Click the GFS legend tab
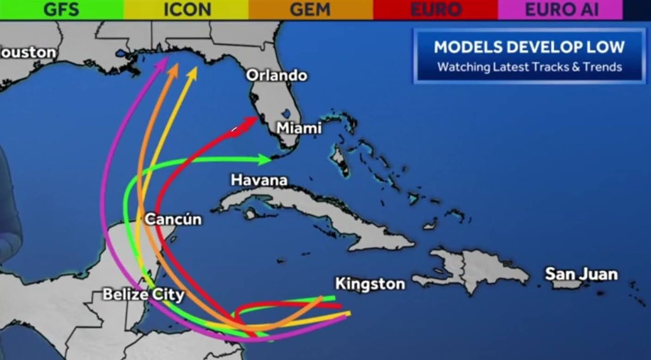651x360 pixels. pos(61,10)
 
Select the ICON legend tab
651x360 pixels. pos(186,10)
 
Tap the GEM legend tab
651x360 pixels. pos(310,10)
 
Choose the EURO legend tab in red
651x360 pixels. pos(435,10)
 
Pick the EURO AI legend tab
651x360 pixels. pos(561,10)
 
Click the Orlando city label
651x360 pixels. pos(277,75)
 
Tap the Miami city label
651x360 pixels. pos(299,128)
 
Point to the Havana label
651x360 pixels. pos(259,181)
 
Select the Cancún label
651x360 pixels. pos(173,219)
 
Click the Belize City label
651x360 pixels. pos(144,294)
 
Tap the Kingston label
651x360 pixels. pos(370,284)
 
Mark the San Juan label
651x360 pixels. pos(581,274)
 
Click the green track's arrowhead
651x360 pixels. pos(265,158)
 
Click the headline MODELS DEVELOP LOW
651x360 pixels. pos(529,46)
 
